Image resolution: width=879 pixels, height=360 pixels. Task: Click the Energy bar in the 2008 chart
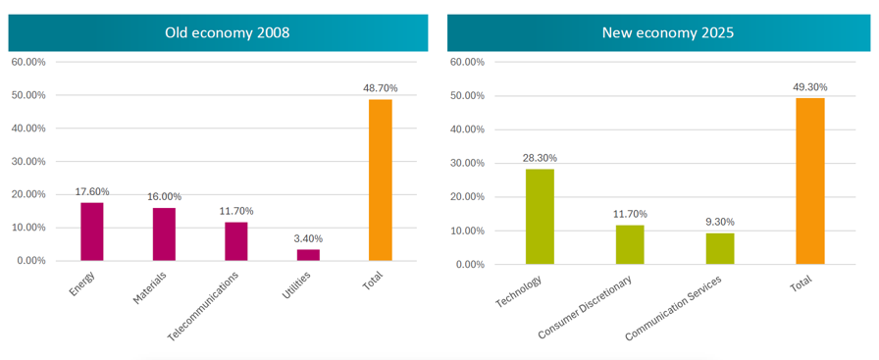92,231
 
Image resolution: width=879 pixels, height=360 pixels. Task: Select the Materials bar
164,234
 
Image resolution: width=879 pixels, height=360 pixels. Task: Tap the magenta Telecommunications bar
236,241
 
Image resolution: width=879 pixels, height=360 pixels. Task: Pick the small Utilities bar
308,255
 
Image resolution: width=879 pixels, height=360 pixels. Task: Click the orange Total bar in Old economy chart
381,180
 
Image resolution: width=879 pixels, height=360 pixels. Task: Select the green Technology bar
540,217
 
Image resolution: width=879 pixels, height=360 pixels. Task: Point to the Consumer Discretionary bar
630,244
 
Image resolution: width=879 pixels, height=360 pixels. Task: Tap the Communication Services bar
720,248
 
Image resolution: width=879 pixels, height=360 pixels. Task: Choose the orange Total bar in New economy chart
810,181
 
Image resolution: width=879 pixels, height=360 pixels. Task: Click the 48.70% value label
381,88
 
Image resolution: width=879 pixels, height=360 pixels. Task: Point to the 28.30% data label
540,158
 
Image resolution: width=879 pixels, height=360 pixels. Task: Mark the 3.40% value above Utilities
308,239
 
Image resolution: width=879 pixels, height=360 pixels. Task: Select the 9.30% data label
720,222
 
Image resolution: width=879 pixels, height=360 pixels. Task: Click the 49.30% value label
810,87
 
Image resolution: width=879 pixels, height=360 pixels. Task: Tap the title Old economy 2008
227,32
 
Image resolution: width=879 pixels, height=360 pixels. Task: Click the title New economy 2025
668,32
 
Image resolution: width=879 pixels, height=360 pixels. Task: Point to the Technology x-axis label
520,291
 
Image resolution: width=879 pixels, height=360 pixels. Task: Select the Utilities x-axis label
296,283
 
